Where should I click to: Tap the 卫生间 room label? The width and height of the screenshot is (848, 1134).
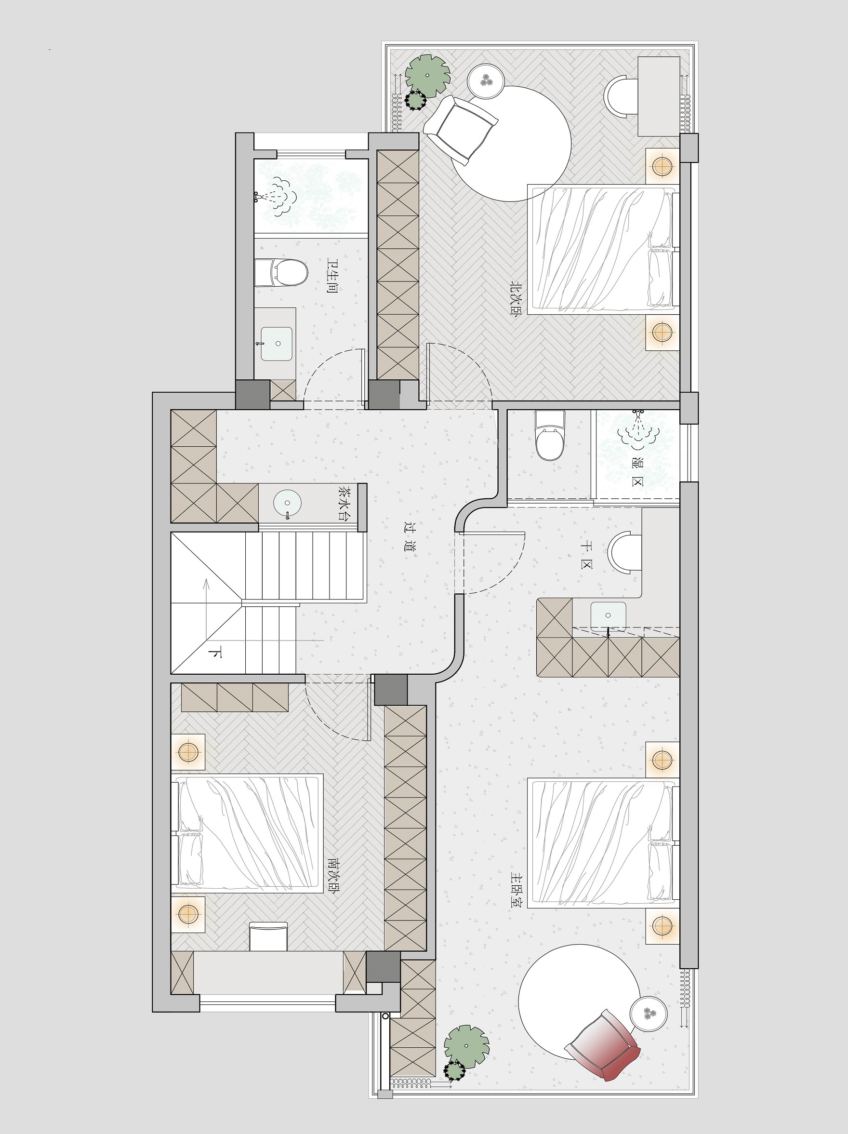click(x=332, y=276)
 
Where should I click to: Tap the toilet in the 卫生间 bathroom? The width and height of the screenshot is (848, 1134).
click(x=281, y=273)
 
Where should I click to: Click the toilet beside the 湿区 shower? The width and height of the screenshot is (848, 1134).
click(x=550, y=435)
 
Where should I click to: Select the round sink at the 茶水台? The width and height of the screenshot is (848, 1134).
click(x=288, y=504)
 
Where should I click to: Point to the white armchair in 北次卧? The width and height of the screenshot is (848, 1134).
click(x=461, y=130)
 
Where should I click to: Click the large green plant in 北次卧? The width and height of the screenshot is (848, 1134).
click(x=428, y=75)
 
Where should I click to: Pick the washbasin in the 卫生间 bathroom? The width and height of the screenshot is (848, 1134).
click(x=277, y=344)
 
